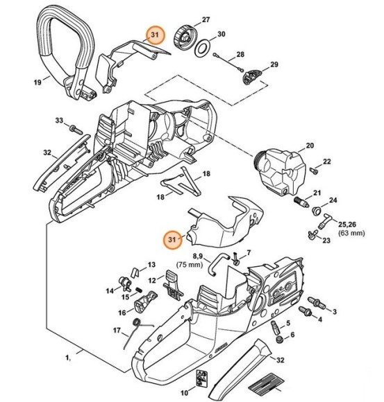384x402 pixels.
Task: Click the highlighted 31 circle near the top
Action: coord(154,35)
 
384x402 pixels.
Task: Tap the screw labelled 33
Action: coord(73,128)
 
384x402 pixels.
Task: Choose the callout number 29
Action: coord(274,65)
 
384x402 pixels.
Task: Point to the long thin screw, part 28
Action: coord(226,62)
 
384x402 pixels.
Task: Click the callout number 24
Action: coord(333,201)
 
